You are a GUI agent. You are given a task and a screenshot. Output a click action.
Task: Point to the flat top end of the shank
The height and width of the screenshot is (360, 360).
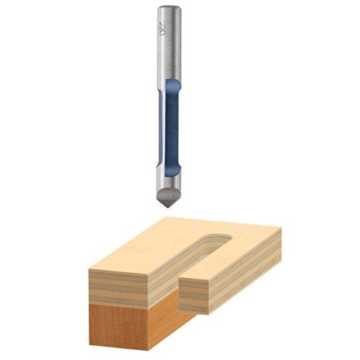tap(170, 8)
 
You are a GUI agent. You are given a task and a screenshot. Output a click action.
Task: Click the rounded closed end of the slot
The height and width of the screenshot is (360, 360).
tap(214, 238)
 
